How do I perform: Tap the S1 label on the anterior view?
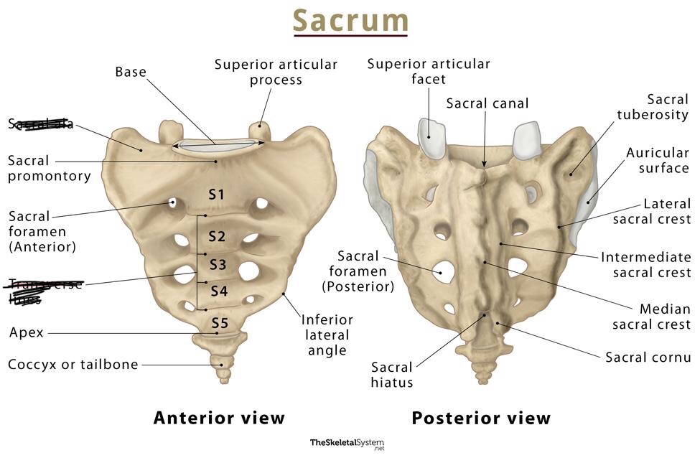[217, 195]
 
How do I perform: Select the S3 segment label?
[218, 264]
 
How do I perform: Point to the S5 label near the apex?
[219, 324]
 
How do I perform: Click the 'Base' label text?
[131, 72]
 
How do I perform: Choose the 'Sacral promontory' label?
[49, 168]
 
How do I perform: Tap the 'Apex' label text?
[27, 333]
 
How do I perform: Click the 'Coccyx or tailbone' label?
[73, 365]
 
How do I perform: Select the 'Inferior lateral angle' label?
[327, 335]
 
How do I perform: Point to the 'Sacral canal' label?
[487, 103]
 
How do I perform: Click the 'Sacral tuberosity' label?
[657, 107]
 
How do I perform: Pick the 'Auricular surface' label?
[657, 160]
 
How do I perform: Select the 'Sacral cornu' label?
[648, 357]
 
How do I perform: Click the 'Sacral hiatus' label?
[392, 375]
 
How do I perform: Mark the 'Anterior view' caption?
[219, 418]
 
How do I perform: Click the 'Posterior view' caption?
[481, 418]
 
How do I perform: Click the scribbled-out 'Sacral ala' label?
[41, 123]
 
